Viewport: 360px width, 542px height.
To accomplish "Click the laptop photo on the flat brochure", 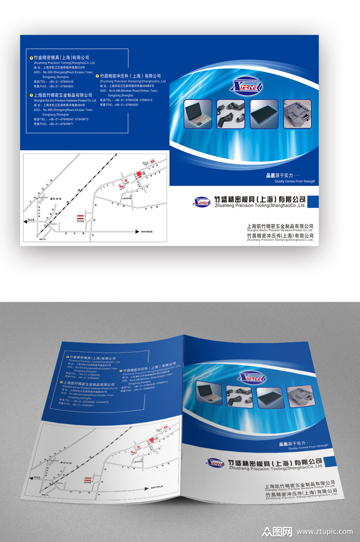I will click(198, 114).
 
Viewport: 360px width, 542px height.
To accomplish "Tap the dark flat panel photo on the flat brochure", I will click(264, 114).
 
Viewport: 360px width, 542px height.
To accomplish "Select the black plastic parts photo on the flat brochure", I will click(231, 114).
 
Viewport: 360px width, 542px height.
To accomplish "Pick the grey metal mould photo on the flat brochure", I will click(297, 114).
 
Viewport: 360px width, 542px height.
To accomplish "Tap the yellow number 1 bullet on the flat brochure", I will click(31, 58).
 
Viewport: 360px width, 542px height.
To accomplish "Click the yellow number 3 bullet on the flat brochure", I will click(97, 76).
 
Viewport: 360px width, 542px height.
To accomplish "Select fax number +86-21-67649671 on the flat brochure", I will click(54, 124).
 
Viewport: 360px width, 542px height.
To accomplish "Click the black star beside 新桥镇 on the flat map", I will click(51, 199).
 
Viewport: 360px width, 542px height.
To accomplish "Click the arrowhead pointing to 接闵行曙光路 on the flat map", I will click(138, 232).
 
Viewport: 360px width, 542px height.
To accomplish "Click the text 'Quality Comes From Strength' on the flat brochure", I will click(295, 181).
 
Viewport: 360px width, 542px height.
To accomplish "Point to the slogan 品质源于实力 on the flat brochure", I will click(280, 175).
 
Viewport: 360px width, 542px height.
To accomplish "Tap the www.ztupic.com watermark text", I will click(324, 531).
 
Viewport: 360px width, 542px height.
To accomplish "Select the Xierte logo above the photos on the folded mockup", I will click(251, 378).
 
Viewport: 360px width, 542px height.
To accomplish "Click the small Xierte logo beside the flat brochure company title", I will click(202, 202).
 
